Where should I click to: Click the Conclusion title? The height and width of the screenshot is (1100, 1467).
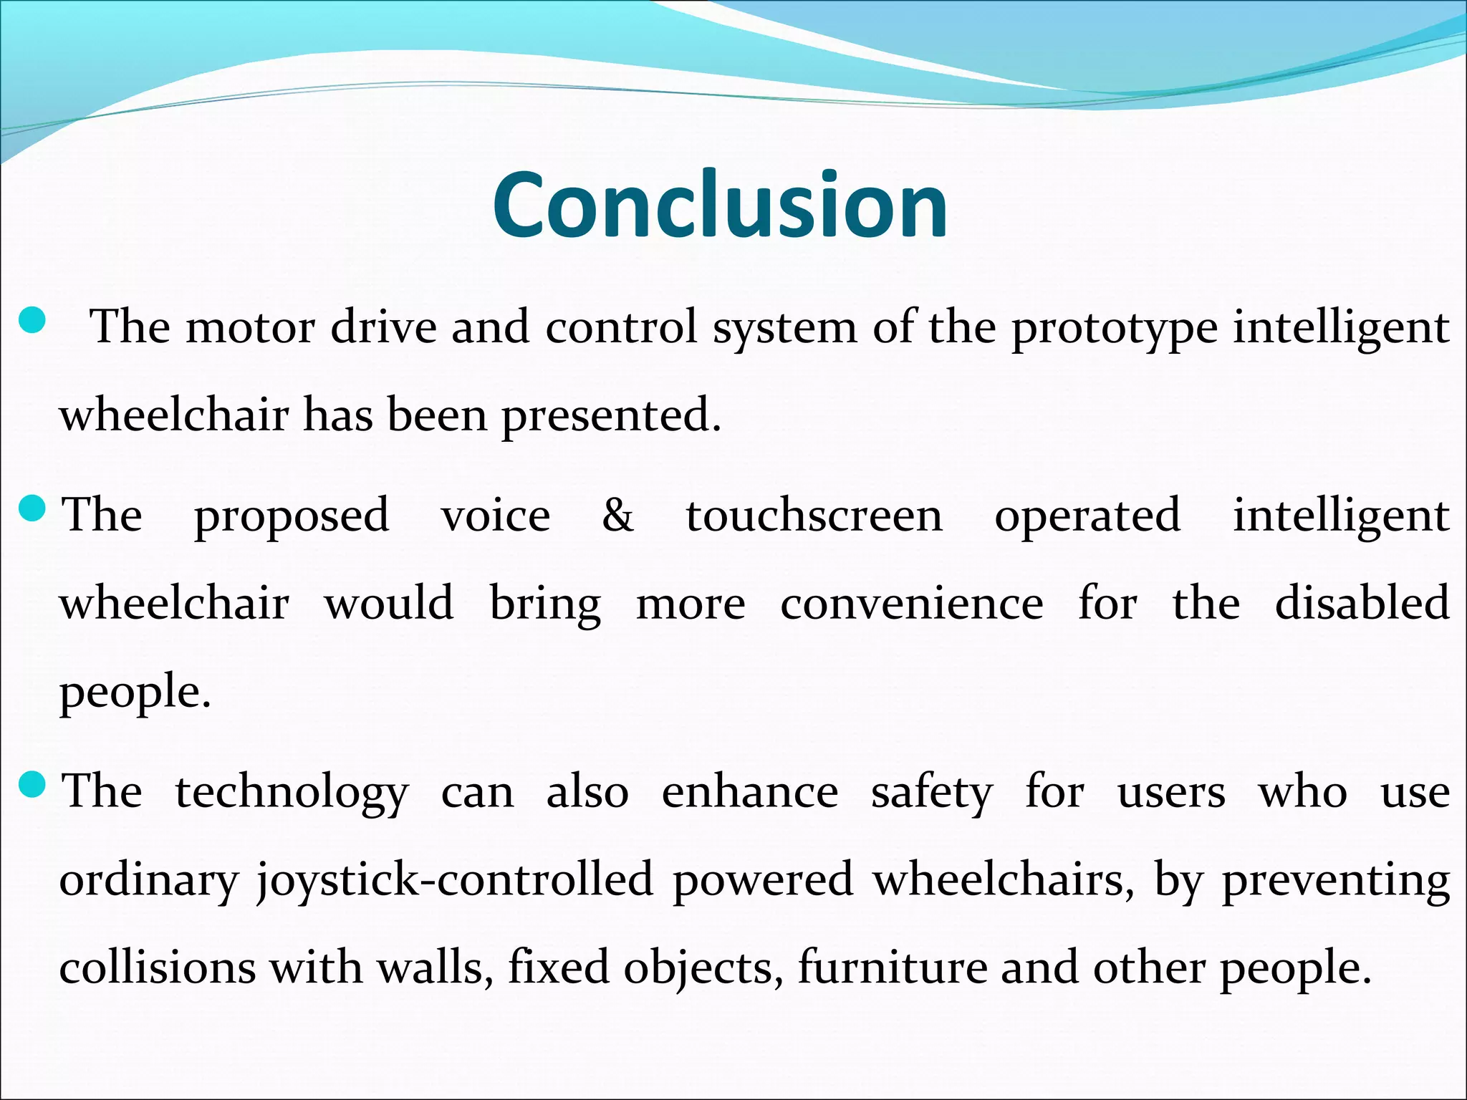point(720,205)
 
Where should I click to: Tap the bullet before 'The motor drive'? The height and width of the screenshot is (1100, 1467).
point(32,320)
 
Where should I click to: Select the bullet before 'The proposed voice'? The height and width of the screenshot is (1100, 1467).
point(32,510)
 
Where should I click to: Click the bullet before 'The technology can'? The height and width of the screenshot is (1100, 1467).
point(32,786)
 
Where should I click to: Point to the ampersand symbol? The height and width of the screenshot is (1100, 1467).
point(617,515)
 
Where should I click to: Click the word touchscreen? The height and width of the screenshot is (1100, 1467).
point(814,515)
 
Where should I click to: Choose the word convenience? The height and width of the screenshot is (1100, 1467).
point(911,603)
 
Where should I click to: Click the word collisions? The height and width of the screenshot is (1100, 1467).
point(157,967)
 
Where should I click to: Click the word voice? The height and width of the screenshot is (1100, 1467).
point(496,515)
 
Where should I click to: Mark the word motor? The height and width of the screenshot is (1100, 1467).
point(250,327)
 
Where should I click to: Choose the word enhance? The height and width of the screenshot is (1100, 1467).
point(749,791)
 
